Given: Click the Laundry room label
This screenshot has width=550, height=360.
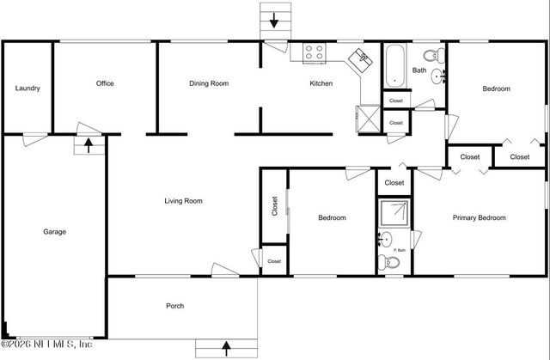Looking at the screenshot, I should [x=27, y=88].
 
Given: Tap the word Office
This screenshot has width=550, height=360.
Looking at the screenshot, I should [x=105, y=83].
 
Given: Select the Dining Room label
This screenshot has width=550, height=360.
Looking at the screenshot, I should [x=209, y=83].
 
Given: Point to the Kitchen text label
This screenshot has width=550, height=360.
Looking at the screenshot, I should [x=321, y=83].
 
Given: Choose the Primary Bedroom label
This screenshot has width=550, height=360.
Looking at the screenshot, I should [x=479, y=217].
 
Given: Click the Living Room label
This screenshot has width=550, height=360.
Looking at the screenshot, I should [x=183, y=201].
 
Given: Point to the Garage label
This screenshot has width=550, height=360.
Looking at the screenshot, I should [x=55, y=231].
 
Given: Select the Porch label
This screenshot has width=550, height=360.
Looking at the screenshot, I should [x=174, y=306].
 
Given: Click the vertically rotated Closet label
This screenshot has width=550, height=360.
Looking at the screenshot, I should [x=275, y=206].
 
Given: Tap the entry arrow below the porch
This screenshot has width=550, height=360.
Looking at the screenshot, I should [x=227, y=348].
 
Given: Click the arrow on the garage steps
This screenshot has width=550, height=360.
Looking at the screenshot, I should [x=88, y=146].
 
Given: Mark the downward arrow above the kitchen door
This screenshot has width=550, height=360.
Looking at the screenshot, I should [x=276, y=19].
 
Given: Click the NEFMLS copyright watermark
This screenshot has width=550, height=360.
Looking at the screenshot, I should [x=46, y=345].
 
